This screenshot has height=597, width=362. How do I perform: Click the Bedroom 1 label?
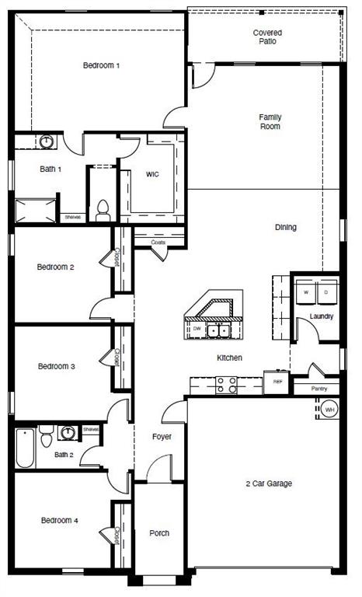(x=101, y=65)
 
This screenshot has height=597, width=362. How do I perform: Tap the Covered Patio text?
(x=267, y=37)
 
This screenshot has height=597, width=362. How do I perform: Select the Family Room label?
(x=270, y=121)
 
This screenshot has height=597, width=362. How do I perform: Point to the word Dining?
(x=285, y=228)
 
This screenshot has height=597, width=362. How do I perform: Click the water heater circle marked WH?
(x=329, y=409)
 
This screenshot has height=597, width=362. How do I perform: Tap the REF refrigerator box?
(x=276, y=382)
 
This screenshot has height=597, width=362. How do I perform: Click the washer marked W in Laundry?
(x=305, y=292)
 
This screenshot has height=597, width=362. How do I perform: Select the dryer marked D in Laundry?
(x=325, y=292)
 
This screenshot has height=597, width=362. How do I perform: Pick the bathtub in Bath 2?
(x=25, y=450)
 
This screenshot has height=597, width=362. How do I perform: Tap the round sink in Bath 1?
(x=47, y=141)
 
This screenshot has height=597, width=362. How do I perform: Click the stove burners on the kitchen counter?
(x=225, y=382)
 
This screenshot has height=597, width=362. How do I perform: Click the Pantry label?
(x=319, y=389)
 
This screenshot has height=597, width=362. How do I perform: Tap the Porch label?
(x=158, y=533)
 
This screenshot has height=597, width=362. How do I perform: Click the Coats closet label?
(x=158, y=243)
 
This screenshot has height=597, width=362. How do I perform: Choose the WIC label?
(x=152, y=174)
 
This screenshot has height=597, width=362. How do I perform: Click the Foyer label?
(x=162, y=437)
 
